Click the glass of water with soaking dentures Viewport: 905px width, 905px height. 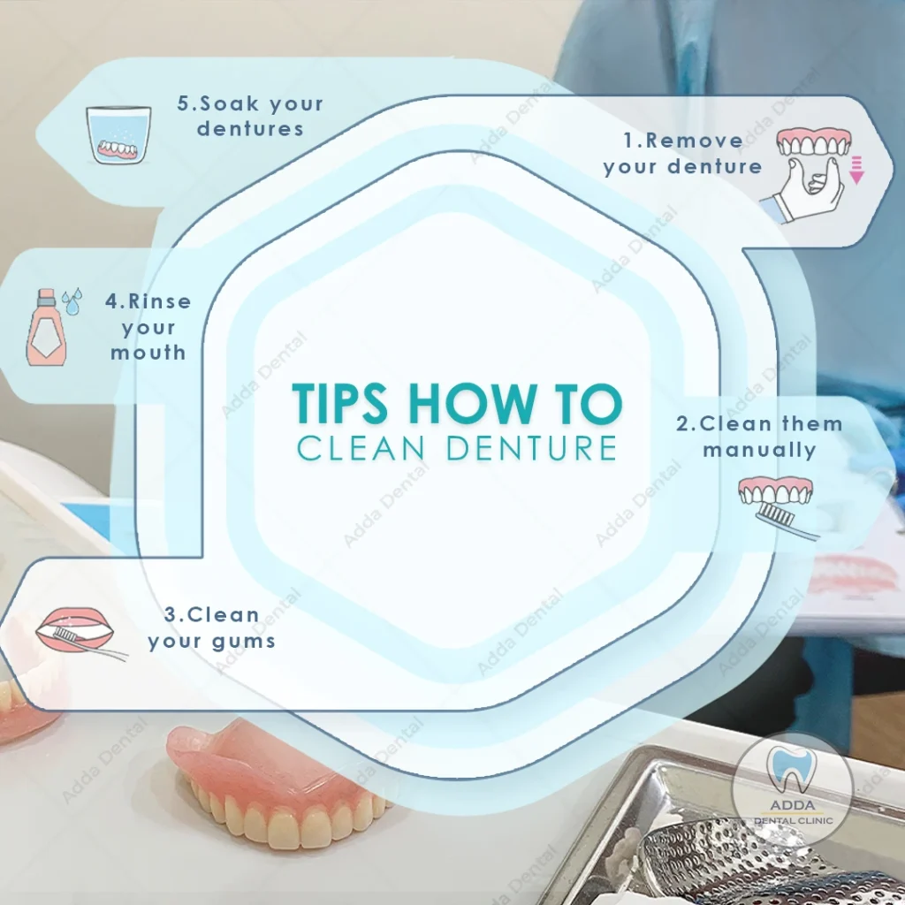click(118, 135)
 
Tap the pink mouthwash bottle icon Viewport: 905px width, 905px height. click(46, 327)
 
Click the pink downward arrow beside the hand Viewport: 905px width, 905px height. click(856, 170)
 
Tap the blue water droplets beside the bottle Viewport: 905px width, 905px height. click(72, 301)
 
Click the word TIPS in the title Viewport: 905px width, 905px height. click(339, 402)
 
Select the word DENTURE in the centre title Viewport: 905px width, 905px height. click(531, 448)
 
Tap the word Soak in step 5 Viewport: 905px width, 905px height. click(229, 103)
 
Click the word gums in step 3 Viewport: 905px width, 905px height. click(243, 642)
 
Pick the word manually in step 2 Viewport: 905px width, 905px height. click(759, 450)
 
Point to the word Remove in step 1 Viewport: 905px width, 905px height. click(695, 141)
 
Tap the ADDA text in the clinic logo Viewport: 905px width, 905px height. click(793, 805)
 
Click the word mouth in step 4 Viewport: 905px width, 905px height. click(148, 352)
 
